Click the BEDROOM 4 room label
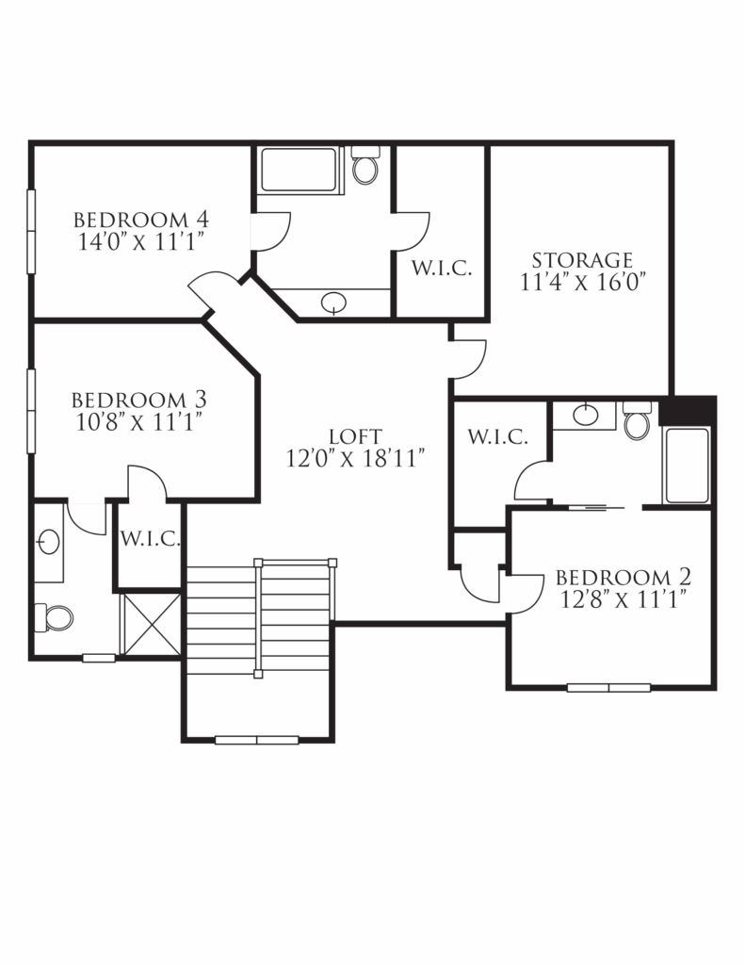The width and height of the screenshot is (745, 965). [140, 221]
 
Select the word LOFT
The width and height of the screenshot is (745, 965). [355, 436]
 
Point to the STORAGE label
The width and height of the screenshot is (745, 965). [581, 259]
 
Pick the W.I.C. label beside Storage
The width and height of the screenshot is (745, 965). [441, 269]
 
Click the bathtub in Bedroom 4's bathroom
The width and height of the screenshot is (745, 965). [300, 170]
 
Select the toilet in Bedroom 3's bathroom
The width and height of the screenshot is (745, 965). [55, 617]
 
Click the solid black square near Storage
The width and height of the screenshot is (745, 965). [688, 411]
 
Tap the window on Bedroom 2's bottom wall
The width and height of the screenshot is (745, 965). [608, 687]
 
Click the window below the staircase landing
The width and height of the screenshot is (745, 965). [256, 740]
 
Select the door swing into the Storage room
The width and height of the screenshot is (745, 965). [468, 357]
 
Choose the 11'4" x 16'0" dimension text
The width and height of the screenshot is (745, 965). [581, 282]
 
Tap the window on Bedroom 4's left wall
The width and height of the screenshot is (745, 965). [31, 231]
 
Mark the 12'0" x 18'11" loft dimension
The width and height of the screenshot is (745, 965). [357, 459]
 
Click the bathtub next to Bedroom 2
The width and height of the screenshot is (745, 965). [687, 466]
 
